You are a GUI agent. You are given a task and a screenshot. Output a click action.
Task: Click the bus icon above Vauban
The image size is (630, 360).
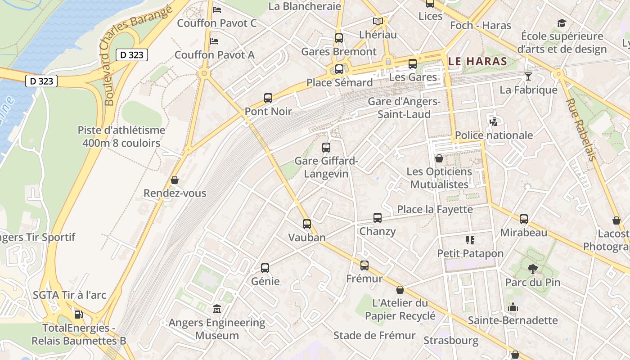pyautogui.click(x=307, y=224)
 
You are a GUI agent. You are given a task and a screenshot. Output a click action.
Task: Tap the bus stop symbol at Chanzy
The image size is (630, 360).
pyautogui.click(x=378, y=218)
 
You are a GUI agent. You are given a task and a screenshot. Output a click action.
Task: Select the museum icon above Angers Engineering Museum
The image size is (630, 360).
pyautogui.click(x=217, y=309)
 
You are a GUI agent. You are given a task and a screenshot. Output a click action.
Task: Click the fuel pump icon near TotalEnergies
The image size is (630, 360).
pyautogui.click(x=79, y=314)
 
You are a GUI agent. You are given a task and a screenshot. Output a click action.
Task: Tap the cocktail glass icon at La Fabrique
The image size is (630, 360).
pyautogui.click(x=528, y=76)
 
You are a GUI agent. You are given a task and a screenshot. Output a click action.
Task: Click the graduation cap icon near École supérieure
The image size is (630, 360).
pyautogui.click(x=562, y=23)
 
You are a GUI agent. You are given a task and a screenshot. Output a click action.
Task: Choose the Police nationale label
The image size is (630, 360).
pyautogui.click(x=494, y=135)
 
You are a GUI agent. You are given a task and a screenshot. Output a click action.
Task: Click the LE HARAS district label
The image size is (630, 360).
pyautogui.click(x=478, y=61)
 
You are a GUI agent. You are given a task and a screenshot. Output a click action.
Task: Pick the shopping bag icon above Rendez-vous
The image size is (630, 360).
pyautogui.click(x=175, y=180)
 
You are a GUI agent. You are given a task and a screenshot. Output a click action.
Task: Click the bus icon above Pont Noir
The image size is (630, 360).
pyautogui.click(x=268, y=98)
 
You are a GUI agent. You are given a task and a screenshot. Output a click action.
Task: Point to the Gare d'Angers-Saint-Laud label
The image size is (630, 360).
pyautogui.click(x=404, y=108)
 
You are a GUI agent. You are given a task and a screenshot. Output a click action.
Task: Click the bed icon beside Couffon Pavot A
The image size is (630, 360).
pyautogui.click(x=215, y=41)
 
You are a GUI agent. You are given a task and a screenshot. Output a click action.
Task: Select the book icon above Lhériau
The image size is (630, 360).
pyautogui.click(x=378, y=21)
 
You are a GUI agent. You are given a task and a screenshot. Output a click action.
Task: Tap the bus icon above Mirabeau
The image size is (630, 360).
pyautogui.click(x=524, y=219)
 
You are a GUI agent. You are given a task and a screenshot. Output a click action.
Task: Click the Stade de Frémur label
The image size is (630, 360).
pyautogui.click(x=374, y=335)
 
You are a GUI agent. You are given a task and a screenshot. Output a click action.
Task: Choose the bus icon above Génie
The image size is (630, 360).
pyautogui.click(x=265, y=268)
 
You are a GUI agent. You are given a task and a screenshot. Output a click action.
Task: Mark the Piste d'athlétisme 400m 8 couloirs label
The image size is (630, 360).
pyautogui.click(x=121, y=136)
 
